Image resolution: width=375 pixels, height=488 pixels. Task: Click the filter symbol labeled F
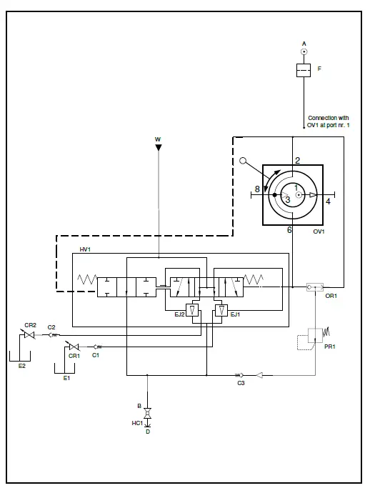coord(304,70)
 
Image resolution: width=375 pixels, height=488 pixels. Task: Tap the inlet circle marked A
coord(304,51)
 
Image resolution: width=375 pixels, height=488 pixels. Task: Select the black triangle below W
coord(159,147)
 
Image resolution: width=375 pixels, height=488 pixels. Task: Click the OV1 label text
coord(319,231)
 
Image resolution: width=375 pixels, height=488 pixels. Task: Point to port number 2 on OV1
coord(298,160)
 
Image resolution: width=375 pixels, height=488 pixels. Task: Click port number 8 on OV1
coord(257,189)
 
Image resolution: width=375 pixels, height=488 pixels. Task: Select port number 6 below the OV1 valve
coord(289,229)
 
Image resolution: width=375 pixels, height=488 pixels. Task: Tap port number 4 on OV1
coord(328,201)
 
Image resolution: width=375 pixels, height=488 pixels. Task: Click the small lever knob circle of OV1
coord(243,161)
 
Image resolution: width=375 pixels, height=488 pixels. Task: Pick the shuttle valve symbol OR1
coord(315,287)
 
